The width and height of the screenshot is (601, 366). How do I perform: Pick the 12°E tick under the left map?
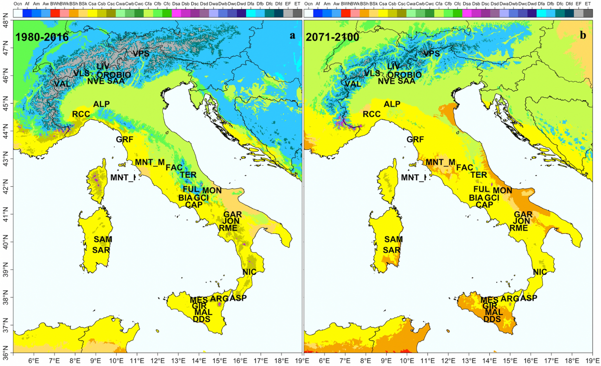158,360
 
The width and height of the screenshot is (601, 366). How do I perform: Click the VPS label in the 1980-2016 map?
142,54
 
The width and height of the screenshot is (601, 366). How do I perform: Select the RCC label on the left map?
81,114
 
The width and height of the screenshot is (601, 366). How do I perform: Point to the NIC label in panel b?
540,272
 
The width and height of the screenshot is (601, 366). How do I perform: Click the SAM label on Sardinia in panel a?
103,239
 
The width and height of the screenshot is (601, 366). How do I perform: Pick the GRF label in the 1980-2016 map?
126,139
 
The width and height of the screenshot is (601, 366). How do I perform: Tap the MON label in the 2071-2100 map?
502,190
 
